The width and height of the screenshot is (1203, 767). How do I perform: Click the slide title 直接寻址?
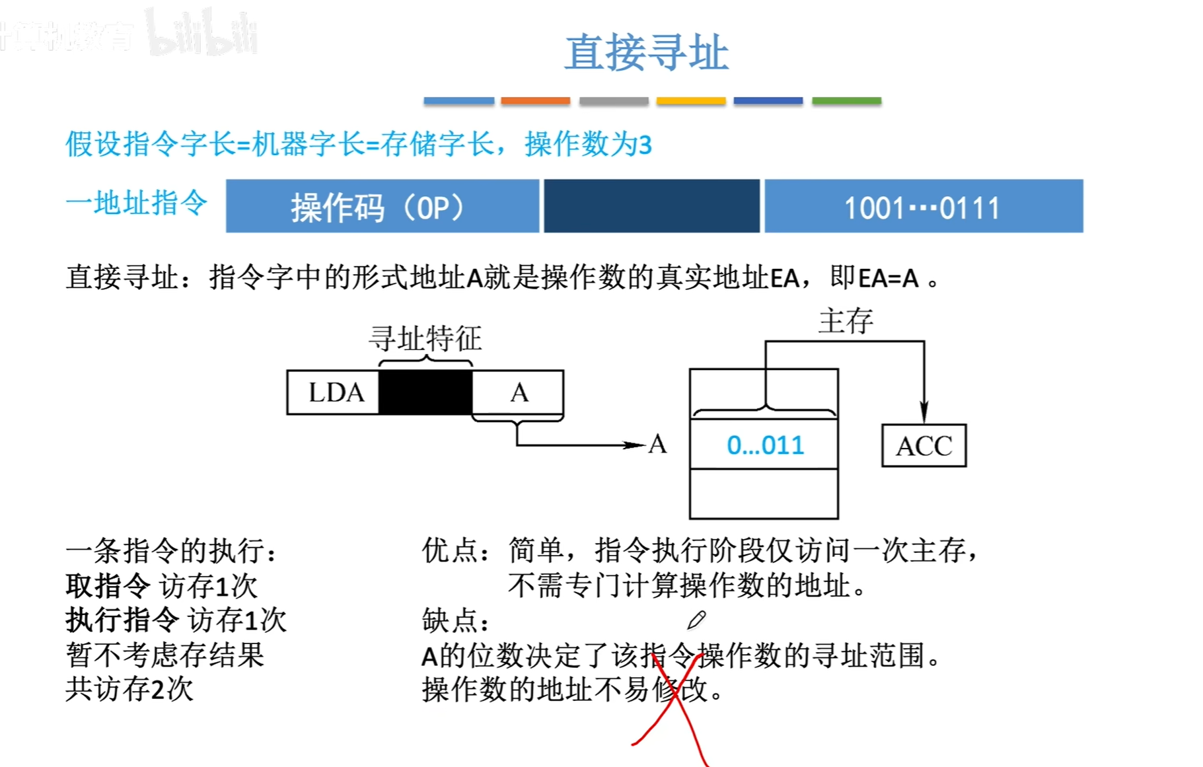coord(646,53)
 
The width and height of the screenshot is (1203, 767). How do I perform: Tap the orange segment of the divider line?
coord(535,101)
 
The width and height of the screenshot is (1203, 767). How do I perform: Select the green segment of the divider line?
coord(846,101)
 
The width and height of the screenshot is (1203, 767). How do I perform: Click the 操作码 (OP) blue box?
coord(382,206)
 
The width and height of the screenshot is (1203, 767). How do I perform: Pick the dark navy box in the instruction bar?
coord(651,206)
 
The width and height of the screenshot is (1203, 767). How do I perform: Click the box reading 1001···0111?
coord(923,206)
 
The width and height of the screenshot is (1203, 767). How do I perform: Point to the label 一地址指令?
coord(137,203)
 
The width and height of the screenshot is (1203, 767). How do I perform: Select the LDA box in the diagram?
coord(334,392)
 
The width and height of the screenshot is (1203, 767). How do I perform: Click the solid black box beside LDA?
coord(425,392)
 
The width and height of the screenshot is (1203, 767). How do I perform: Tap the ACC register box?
coord(924,446)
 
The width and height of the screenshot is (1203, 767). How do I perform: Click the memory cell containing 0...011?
coord(764,445)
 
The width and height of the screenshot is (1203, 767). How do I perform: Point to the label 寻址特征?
coord(425,339)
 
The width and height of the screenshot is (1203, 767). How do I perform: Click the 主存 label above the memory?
coord(846,322)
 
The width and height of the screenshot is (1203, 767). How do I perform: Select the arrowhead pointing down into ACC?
coord(924,412)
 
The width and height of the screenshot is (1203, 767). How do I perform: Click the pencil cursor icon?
coord(696,620)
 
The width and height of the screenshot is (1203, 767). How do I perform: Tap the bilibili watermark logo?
coord(201,33)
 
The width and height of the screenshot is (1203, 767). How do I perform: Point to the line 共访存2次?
coord(129,690)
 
